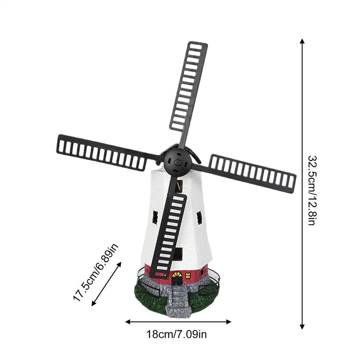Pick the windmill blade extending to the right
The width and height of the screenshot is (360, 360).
252,173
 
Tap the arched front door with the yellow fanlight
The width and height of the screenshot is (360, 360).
177,278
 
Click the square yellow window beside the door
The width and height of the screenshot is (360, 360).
188,276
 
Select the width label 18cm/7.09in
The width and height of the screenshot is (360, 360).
177,334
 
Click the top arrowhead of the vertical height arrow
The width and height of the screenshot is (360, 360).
302,41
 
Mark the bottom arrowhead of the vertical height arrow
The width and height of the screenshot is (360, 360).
302,327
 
